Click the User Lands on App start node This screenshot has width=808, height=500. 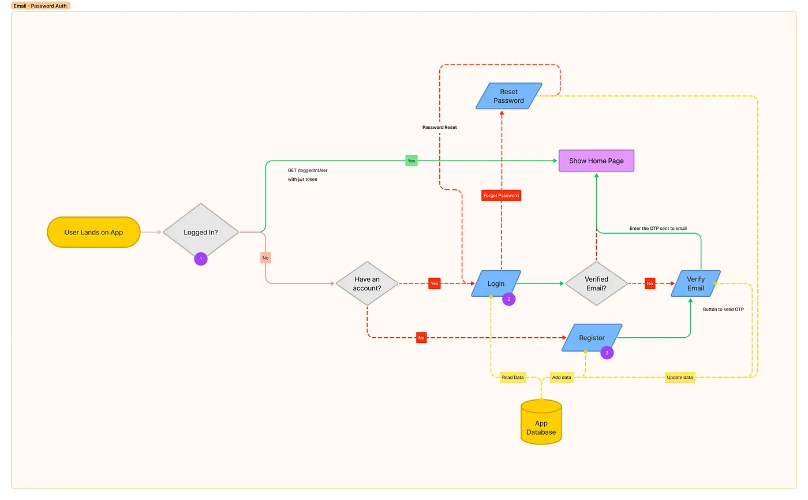[93, 232]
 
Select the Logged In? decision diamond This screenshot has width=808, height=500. [200, 232]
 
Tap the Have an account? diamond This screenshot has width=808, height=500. [367, 283]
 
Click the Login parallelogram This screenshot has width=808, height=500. [496, 283]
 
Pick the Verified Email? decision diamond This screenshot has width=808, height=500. [596, 283]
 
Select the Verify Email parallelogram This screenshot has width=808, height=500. [695, 283]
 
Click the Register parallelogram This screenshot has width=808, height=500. [592, 338]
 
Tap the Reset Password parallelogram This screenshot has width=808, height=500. [508, 96]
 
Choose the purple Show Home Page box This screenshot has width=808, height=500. [596, 161]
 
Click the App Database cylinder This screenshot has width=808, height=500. [541, 427]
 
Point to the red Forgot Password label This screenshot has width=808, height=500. [501, 196]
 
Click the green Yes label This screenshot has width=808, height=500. [411, 161]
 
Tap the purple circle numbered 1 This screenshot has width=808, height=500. [201, 260]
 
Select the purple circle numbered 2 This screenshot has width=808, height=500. [508, 299]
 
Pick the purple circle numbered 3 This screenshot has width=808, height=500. [607, 353]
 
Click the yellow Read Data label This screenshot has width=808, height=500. [513, 378]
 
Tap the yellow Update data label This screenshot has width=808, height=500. [679, 378]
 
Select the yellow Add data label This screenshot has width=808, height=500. [561, 378]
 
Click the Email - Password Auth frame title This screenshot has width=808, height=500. [40, 5]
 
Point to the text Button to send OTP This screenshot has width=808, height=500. [723, 309]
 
